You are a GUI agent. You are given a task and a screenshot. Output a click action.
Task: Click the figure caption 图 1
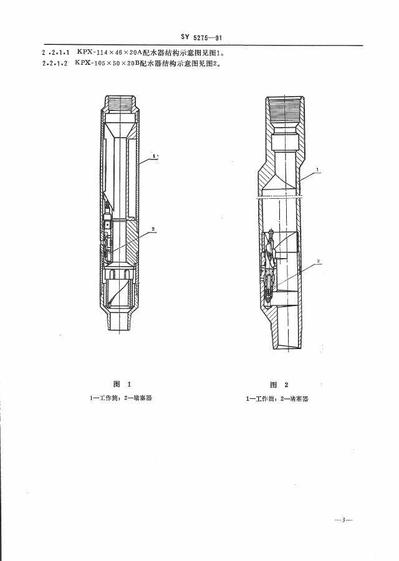pyautogui.click(x=121, y=384)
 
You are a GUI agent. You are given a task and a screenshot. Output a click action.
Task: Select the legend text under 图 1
pyautogui.click(x=121, y=398)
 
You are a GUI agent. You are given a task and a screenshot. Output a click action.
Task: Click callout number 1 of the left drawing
pyautogui.click(x=155, y=155)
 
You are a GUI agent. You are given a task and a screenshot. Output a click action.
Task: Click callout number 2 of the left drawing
pyautogui.click(x=153, y=229)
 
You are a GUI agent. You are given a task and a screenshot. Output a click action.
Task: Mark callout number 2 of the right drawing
pyautogui.click(x=319, y=261)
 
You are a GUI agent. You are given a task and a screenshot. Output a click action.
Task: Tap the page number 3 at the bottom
pyautogui.click(x=344, y=519)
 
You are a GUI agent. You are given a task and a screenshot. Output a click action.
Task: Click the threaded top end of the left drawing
pyautogui.click(x=121, y=100)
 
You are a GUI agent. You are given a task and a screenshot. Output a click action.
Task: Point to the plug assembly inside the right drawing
pyautogui.click(x=271, y=268)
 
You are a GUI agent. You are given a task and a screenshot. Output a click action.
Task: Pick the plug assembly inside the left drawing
pyautogui.click(x=109, y=240)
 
